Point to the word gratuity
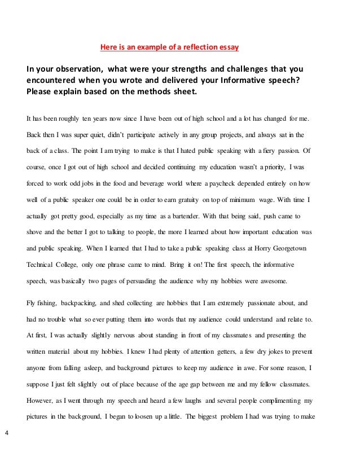pos(203,200)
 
